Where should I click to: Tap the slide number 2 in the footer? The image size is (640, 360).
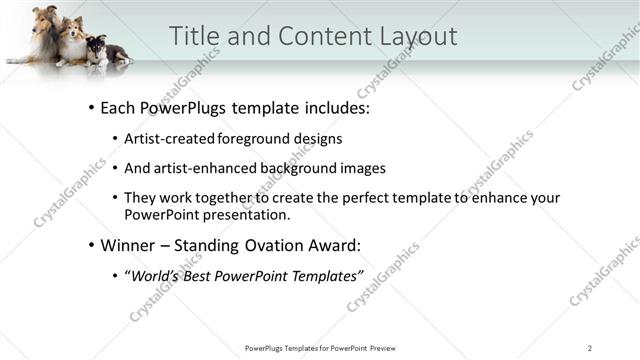[589, 347]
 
